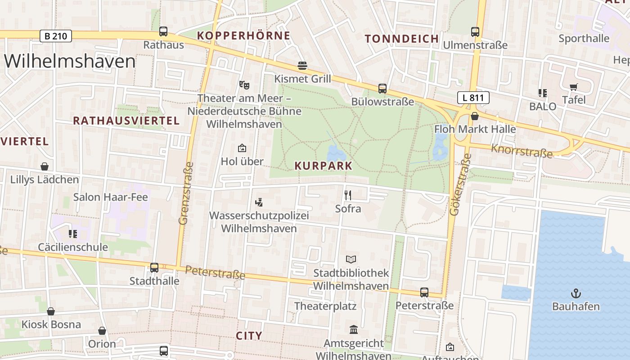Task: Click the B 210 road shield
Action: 56,36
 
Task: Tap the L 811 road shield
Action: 473,98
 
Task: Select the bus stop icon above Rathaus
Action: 163,31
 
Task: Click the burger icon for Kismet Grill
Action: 302,66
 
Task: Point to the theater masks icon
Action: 244,84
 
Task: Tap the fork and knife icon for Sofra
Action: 347,195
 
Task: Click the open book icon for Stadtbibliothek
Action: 351,259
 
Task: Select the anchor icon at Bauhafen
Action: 576,293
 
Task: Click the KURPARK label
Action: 324,166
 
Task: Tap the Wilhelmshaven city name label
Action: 70,61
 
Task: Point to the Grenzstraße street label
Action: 186,193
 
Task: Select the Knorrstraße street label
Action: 522,151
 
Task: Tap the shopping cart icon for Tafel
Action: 573,87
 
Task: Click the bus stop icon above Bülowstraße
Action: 382,88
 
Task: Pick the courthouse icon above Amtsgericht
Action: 354,330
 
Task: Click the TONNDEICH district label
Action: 402,39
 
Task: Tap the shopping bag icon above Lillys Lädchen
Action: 45,166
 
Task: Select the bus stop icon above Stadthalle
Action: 154,267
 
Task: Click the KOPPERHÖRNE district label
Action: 243,36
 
